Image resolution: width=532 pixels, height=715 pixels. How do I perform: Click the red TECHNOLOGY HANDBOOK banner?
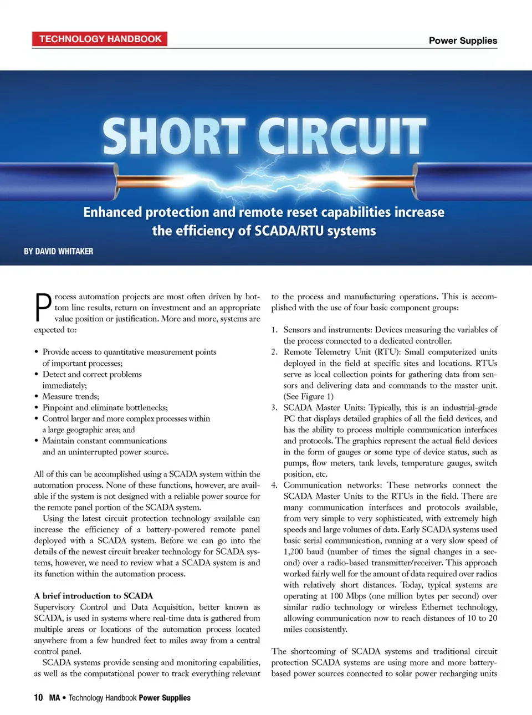(100, 39)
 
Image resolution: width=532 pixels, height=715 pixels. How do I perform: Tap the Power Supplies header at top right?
(463, 40)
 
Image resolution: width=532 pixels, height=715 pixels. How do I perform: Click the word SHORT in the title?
(173, 136)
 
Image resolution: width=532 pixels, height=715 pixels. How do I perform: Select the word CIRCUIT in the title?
(342, 136)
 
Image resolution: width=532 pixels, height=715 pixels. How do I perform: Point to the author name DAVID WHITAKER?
(64, 251)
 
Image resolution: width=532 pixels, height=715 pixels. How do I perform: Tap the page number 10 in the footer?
(38, 697)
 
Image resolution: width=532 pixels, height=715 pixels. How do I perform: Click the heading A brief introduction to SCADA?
(93, 596)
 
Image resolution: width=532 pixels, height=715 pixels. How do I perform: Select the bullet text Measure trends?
(70, 396)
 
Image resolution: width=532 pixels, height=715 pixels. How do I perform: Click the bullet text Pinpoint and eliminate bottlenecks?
(105, 407)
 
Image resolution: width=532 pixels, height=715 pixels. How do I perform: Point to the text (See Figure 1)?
(309, 396)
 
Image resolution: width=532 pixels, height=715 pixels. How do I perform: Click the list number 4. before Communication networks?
(274, 485)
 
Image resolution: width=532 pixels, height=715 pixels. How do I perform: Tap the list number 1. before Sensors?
(274, 330)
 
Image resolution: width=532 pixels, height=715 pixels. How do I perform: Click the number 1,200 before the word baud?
(293, 551)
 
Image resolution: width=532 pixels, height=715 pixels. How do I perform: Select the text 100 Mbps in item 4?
(348, 596)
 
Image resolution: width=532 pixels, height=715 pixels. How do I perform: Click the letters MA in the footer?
(54, 697)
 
